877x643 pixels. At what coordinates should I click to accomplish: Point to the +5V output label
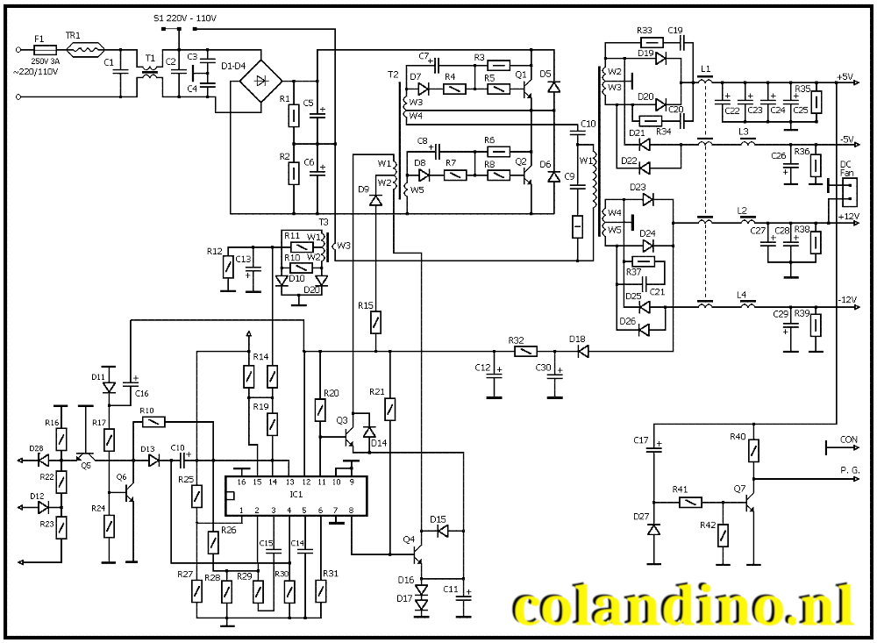point(845,77)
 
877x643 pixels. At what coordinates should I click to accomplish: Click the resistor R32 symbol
point(524,351)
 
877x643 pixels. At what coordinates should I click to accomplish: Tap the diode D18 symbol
point(581,351)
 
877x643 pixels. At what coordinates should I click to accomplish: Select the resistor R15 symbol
point(376,322)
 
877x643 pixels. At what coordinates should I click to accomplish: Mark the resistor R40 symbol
point(753,450)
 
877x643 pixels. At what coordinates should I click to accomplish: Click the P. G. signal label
point(850,470)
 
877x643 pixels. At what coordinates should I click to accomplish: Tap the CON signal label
point(849,439)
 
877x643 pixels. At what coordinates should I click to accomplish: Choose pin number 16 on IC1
point(241,482)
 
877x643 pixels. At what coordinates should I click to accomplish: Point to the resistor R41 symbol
point(690,503)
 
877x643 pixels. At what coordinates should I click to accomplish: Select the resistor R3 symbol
point(498,65)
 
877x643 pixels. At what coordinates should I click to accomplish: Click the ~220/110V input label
point(35,71)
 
